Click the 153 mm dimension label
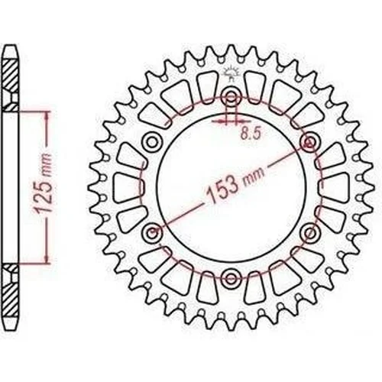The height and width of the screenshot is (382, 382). (x=235, y=186)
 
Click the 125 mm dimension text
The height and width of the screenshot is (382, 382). (x=42, y=183)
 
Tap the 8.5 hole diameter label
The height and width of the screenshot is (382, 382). (x=251, y=134)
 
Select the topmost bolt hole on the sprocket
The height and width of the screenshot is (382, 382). (x=231, y=97)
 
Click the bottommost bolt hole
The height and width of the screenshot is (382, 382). (x=231, y=278)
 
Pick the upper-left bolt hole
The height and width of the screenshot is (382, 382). (x=152, y=142)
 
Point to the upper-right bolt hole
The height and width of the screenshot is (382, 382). (x=310, y=142)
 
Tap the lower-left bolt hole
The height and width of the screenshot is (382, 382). (x=152, y=233)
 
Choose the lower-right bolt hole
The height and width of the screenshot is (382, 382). (x=310, y=233)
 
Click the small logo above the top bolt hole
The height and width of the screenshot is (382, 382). (x=231, y=74)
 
